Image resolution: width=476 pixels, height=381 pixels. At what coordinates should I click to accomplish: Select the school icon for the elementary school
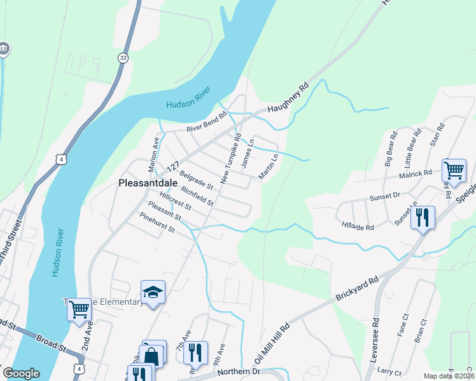[x=153, y=292]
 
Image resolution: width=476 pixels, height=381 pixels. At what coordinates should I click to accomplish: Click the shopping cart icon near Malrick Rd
[x=454, y=170]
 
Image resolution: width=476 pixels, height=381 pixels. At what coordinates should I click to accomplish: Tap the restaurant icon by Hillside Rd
[x=423, y=218]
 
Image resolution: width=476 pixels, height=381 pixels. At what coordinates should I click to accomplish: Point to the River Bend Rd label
[x=206, y=123]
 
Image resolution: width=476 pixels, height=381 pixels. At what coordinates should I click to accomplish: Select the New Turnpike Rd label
[x=230, y=159]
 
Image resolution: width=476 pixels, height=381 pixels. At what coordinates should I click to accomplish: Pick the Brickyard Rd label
[x=356, y=288]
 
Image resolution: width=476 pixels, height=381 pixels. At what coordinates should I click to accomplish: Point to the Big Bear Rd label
[x=391, y=149]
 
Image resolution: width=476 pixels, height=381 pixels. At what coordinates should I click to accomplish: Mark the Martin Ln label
[x=269, y=165]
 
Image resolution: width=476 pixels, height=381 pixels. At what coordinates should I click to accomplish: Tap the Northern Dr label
[x=239, y=371]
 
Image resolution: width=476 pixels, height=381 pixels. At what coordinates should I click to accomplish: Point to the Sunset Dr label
[x=384, y=197]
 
